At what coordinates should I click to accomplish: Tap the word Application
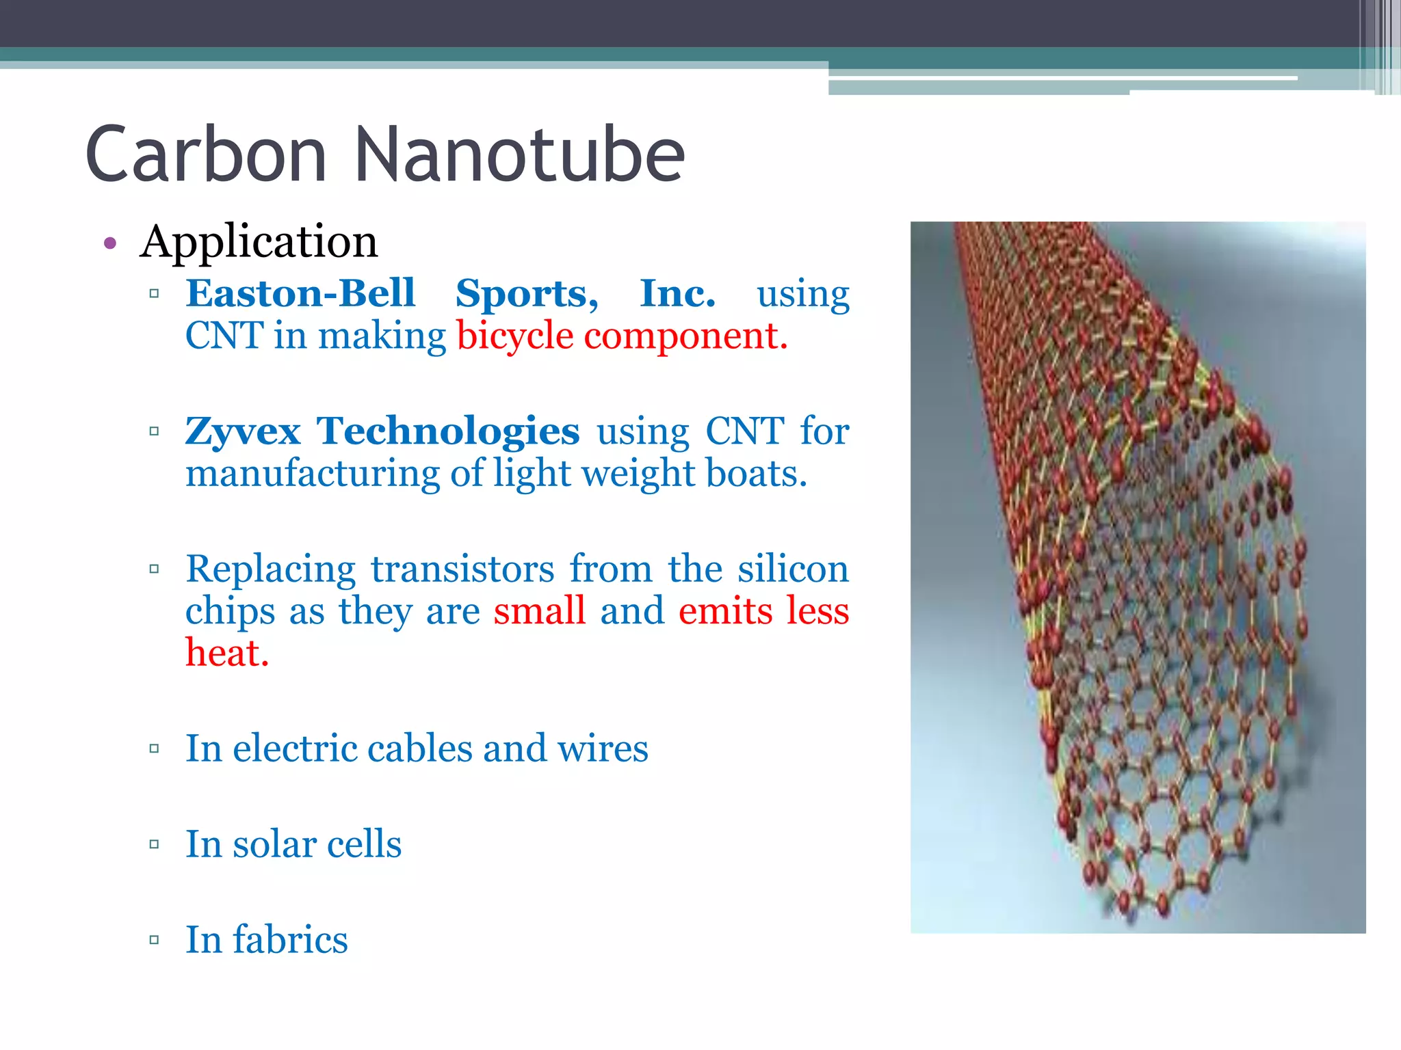coord(259,242)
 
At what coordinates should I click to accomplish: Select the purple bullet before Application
coord(110,243)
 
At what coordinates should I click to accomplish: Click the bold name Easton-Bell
coord(300,294)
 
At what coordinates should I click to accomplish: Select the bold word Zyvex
coord(243,432)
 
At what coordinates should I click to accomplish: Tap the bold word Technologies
coord(448,432)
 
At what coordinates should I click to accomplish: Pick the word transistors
coord(462,569)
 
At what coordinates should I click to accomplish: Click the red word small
coord(540,611)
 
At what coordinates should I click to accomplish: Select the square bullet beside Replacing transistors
coord(154,569)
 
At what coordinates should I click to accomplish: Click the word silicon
coord(793,569)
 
